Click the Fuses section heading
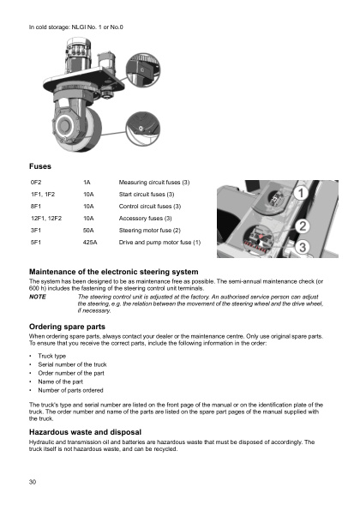(42, 164)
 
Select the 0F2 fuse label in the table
(36, 183)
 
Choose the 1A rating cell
(87, 183)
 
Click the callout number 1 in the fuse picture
(301, 195)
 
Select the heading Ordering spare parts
(68, 327)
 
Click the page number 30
(33, 483)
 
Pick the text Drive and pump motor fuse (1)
(159, 243)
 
